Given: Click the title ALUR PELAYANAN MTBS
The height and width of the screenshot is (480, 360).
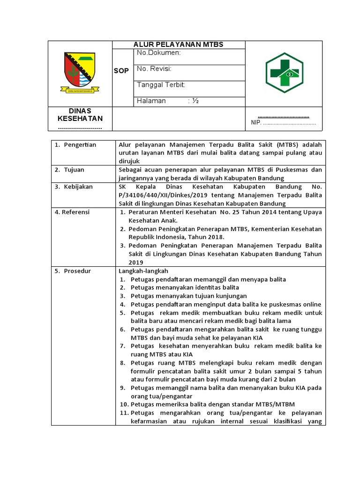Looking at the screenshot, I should [x=179, y=45].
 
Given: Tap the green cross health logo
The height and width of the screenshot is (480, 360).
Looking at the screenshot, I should [x=284, y=73].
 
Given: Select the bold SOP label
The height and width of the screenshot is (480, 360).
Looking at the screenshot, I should [x=121, y=71].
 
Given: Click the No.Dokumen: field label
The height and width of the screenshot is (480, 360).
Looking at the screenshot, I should [x=158, y=53].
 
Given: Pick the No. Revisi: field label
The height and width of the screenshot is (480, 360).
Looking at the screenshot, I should [x=154, y=69].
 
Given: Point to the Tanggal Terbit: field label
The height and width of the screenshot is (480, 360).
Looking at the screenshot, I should [x=161, y=85].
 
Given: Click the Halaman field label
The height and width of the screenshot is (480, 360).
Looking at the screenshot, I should [x=151, y=101].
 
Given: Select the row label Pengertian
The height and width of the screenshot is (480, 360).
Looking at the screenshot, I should [x=80, y=145].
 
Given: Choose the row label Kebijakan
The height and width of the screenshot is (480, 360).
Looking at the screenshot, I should [x=78, y=187].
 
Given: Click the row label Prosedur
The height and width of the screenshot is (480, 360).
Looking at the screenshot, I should [x=77, y=271].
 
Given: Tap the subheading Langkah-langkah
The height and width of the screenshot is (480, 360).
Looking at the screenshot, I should [x=143, y=271].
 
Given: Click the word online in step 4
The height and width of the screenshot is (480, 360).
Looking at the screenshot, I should [x=312, y=304].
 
